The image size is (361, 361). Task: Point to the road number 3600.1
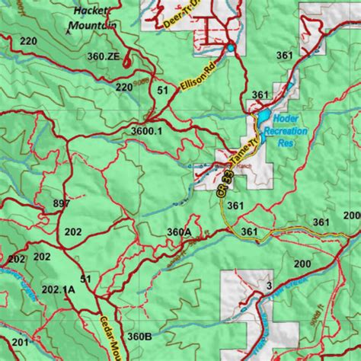pyautogui.click(x=146, y=131)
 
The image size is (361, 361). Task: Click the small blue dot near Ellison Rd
pyautogui.click(x=230, y=49)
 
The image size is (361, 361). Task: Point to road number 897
pyautogui.click(x=62, y=203)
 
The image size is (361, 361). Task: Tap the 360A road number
pyautogui.click(x=179, y=232)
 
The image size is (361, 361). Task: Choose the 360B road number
pyautogui.click(x=139, y=336)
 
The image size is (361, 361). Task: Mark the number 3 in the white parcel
pyautogui.click(x=269, y=286)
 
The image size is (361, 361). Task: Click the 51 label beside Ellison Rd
pyautogui.click(x=162, y=91)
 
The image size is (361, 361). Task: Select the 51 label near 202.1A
pyautogui.click(x=85, y=280)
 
